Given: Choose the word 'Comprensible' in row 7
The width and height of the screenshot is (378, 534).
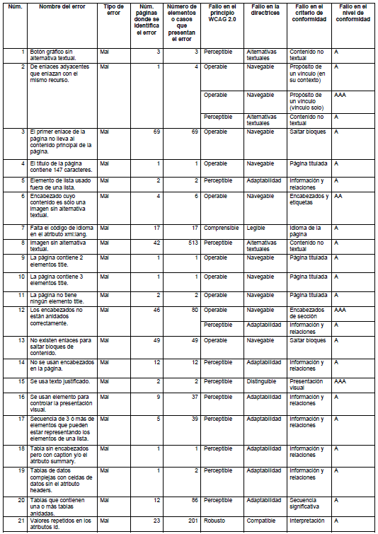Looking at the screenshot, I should point(221,228).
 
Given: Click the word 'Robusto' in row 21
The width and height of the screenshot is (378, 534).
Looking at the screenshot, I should point(214,521).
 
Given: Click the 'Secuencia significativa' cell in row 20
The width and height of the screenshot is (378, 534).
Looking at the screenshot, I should point(307,503).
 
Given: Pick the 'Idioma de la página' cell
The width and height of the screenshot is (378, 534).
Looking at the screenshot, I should point(306,231).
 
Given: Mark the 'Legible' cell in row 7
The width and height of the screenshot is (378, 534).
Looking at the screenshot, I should point(256,228).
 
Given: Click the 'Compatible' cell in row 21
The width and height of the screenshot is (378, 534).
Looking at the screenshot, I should point(261,521).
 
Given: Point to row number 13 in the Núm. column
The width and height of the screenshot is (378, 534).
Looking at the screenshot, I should point(21,340).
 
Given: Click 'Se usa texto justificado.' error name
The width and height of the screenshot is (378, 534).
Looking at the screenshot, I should point(60,381).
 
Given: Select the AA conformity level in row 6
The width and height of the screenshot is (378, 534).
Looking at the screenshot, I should point(339,196).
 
